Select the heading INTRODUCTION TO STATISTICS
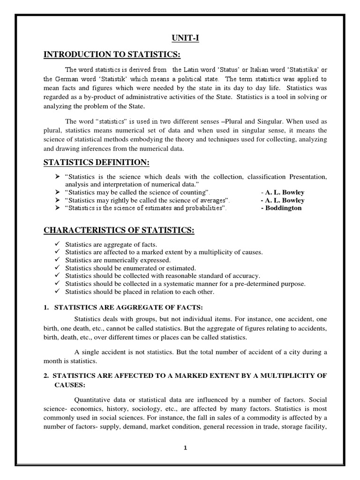click(x=112, y=55)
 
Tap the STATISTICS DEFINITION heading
click(x=97, y=162)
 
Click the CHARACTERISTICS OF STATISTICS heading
click(x=119, y=230)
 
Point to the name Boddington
click(x=281, y=208)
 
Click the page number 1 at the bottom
click(x=186, y=447)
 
